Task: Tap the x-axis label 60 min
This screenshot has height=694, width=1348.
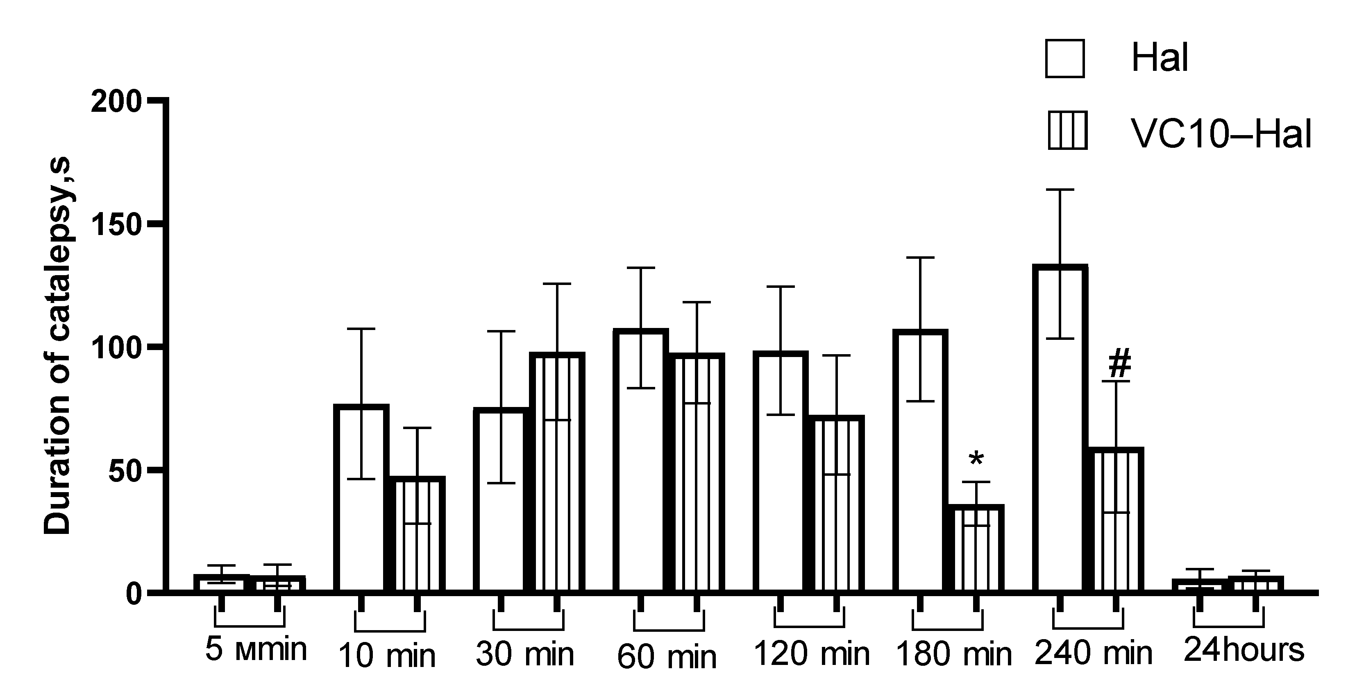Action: pos(667,658)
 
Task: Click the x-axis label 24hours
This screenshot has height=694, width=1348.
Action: pos(1244,650)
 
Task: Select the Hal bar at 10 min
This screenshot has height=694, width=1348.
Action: pos(361,500)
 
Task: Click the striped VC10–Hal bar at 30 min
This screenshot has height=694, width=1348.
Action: pos(557,473)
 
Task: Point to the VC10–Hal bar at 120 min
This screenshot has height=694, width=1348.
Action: pos(836,505)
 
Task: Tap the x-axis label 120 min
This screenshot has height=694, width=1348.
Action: pos(811,654)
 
